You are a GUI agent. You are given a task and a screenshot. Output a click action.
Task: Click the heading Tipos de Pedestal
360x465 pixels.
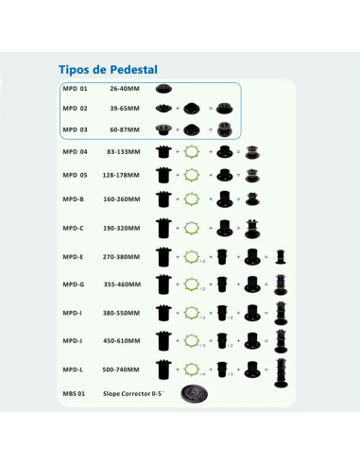[107, 70]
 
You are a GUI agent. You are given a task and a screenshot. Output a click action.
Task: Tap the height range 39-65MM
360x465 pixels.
[124, 110]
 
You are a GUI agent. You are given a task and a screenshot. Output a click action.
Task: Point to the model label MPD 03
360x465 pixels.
[75, 129]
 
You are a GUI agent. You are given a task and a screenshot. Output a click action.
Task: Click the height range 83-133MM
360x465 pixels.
[124, 151]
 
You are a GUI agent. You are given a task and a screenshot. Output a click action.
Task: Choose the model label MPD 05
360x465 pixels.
[75, 175]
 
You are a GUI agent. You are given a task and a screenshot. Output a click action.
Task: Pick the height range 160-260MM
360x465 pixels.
[124, 200]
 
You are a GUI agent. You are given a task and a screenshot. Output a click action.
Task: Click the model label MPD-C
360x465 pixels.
[74, 228]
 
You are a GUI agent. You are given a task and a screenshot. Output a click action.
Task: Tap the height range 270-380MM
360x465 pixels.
[124, 256]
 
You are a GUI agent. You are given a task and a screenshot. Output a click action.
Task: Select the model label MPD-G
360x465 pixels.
[74, 284]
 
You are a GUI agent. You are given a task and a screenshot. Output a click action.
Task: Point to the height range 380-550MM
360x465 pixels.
[124, 313]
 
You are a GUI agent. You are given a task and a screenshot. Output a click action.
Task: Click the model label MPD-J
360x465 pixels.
[74, 340]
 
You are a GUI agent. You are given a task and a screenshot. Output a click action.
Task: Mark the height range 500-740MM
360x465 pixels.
[124, 369]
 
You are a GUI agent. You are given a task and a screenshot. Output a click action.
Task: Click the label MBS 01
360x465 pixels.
[75, 393]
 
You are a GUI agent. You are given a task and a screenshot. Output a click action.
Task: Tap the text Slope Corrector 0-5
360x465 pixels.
[134, 393]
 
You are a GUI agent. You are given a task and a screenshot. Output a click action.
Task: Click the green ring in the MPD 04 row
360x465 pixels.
[194, 151]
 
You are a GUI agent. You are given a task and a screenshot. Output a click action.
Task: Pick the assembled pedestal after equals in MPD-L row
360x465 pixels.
[280, 369]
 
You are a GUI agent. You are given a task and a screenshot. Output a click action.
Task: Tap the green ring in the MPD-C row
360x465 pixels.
[194, 228]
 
